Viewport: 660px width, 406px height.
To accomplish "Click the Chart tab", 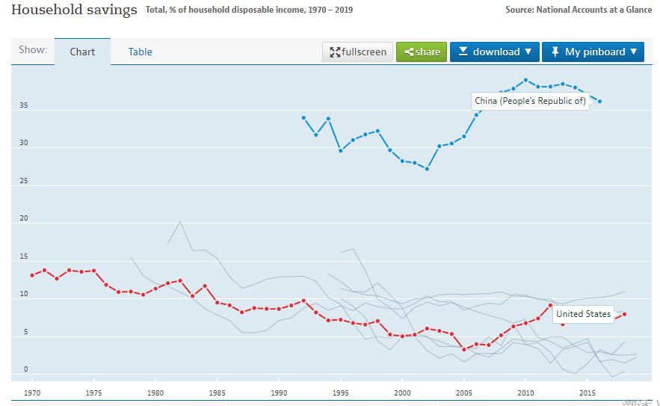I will pyautogui.click(x=82, y=52).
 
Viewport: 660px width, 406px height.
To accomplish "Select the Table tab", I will pyautogui.click(x=140, y=52).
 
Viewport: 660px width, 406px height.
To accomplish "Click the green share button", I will pyautogui.click(x=422, y=52).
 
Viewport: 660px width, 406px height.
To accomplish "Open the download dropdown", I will pyautogui.click(x=494, y=52).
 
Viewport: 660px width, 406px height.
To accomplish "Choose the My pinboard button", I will pyautogui.click(x=593, y=52).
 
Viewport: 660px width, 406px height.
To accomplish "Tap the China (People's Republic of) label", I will pyautogui.click(x=530, y=101).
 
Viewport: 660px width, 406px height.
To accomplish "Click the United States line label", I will pyautogui.click(x=583, y=314).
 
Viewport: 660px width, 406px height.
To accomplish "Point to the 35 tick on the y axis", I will pyautogui.click(x=24, y=106).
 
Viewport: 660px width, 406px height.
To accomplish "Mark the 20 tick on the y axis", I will pyautogui.click(x=24, y=219).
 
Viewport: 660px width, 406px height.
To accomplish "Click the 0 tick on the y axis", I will pyautogui.click(x=25, y=369).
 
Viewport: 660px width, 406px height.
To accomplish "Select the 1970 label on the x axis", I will pyautogui.click(x=32, y=392).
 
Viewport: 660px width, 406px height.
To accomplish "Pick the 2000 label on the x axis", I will pyautogui.click(x=402, y=392).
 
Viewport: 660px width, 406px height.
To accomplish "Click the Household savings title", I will pyautogui.click(x=74, y=10).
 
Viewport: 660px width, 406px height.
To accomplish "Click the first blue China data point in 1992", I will pyautogui.click(x=303, y=117).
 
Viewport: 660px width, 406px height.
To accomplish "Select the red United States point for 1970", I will pyautogui.click(x=32, y=275).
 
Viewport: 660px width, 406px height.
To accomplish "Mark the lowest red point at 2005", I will pyautogui.click(x=464, y=349).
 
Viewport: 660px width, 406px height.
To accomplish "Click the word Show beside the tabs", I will pyautogui.click(x=33, y=49).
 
